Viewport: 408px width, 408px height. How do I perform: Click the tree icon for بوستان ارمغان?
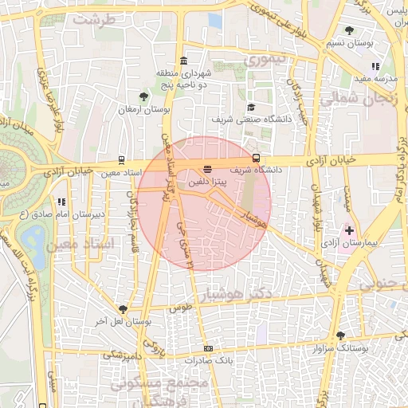pos(143,96)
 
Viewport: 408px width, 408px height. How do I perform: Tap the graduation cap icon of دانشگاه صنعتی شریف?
pos(251,107)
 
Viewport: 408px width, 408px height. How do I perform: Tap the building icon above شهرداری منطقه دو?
pos(184,62)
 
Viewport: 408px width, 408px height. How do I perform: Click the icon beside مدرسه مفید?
pos(375,67)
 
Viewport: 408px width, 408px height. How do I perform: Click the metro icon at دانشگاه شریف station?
pos(256,158)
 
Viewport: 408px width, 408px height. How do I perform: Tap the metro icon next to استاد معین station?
pos(120,159)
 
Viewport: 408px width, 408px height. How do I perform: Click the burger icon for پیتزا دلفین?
pos(208,169)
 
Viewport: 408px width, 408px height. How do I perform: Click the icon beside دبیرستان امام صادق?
pos(61,202)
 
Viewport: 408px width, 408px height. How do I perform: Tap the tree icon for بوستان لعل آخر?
pos(122,308)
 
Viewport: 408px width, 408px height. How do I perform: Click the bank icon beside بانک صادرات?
pos(209,348)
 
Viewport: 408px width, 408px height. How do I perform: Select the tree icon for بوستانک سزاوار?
pos(341,335)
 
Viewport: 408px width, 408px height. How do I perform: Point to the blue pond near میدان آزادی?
pos(33,237)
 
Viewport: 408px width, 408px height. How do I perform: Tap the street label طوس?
pos(182,307)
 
